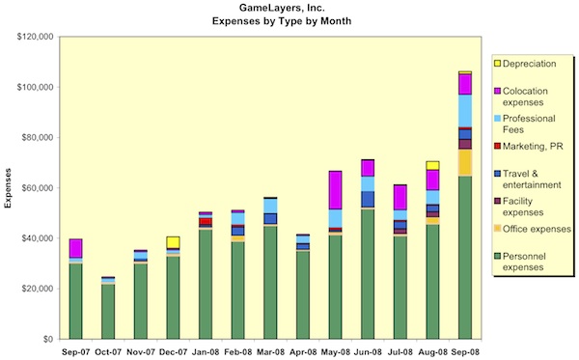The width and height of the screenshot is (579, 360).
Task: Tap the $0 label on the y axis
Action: tap(47, 339)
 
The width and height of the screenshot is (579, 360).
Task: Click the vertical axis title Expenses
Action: tap(11, 187)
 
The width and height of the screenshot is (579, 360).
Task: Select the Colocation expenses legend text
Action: tap(536, 97)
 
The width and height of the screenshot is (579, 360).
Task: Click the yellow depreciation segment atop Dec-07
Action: tap(173, 241)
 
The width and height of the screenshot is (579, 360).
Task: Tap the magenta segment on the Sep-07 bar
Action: tap(75, 248)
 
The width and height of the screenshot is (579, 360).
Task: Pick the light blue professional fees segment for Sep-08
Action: tap(465, 110)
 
